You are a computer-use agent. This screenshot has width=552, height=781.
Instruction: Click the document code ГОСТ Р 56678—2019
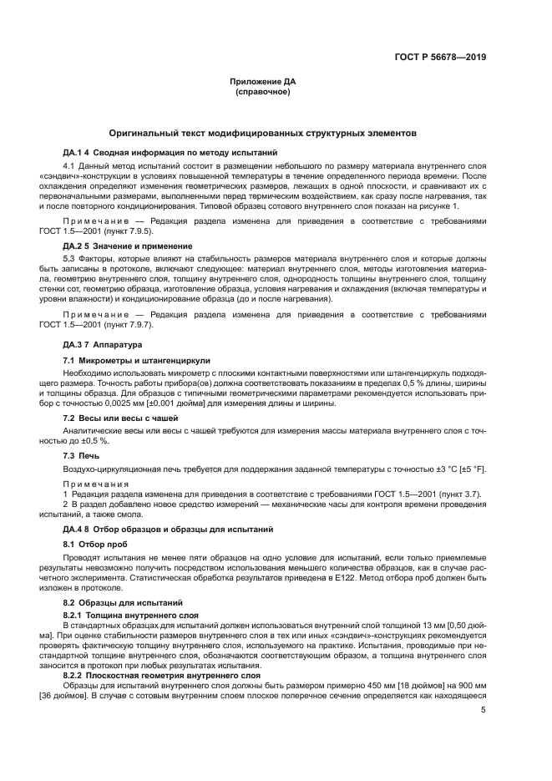[x=441, y=58]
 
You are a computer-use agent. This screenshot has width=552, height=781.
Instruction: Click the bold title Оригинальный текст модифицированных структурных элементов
[x=275, y=134]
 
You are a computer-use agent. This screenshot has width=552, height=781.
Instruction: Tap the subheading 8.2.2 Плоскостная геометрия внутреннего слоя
[x=162, y=676]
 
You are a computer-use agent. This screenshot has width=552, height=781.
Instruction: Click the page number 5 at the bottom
[x=483, y=710]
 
